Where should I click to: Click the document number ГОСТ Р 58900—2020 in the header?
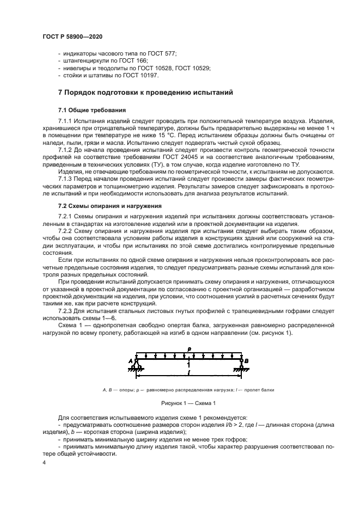point(72,35)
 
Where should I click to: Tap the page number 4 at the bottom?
point(44,462)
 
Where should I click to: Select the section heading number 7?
point(60,93)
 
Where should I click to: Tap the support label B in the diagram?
point(247,360)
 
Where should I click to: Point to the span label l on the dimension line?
point(188,375)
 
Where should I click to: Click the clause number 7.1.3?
point(66,178)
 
